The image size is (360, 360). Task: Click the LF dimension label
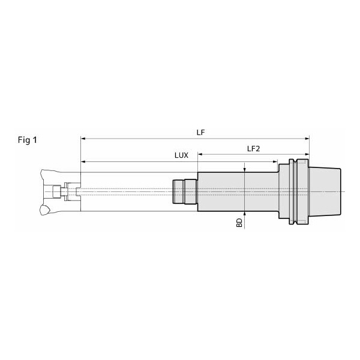200,133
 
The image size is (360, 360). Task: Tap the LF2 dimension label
253,149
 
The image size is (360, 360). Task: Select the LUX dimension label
181,155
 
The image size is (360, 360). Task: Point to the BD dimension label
239,223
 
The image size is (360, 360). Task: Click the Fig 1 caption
28,140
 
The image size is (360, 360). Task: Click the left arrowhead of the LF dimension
83,139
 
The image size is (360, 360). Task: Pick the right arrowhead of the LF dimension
307,139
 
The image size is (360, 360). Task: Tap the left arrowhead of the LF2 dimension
200,154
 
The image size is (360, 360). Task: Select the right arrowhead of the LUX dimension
275,161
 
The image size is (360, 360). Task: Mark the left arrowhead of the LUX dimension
83,161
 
